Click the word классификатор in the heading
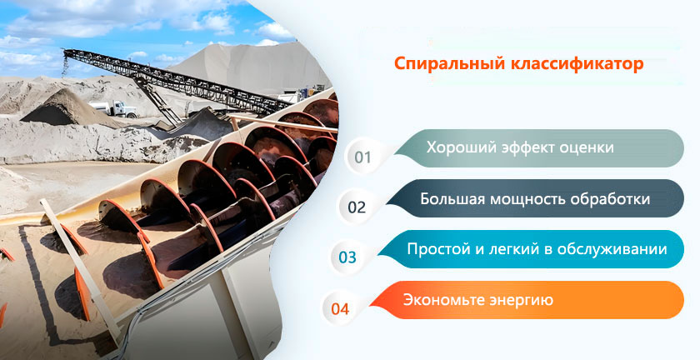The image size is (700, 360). (x=577, y=63)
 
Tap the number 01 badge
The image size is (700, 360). (x=363, y=157)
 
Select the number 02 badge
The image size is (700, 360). (x=357, y=207)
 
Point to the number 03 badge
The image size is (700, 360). (x=347, y=257)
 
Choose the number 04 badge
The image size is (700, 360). (x=340, y=308)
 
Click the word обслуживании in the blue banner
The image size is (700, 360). (x=614, y=249)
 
